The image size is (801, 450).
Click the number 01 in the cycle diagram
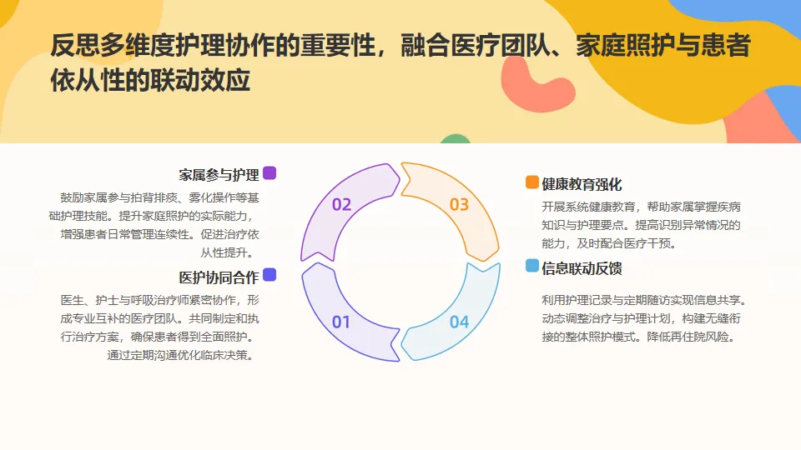pyautogui.click(x=341, y=322)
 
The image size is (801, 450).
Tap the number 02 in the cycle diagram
pyautogui.click(x=341, y=204)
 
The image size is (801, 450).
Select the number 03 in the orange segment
pyautogui.click(x=459, y=204)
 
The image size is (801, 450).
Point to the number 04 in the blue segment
pyautogui.click(x=459, y=322)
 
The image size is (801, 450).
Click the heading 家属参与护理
pyautogui.click(x=219, y=175)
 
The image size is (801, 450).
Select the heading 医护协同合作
pyautogui.click(x=219, y=277)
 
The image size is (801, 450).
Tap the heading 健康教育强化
pyautogui.click(x=582, y=184)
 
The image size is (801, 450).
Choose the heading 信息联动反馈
pyautogui.click(x=582, y=268)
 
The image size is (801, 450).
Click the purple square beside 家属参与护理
pyautogui.click(x=270, y=173)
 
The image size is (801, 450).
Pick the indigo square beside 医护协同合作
pyautogui.click(x=270, y=275)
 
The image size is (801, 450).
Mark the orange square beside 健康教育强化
pyautogui.click(x=531, y=182)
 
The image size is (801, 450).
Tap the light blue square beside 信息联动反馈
pyautogui.click(x=531, y=266)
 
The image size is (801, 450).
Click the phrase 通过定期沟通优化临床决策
pyautogui.click(x=179, y=354)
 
